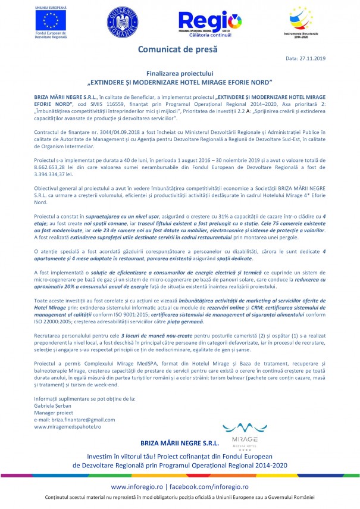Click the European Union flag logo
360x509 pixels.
click(51, 20)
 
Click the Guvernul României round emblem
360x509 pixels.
click(123, 22)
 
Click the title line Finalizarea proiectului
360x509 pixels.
click(180, 71)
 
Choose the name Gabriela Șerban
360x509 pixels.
click(52, 404)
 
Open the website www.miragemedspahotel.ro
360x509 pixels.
click(67, 426)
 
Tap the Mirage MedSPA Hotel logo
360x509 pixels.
click(239, 429)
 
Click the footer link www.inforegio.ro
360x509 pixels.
click(139, 487)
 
